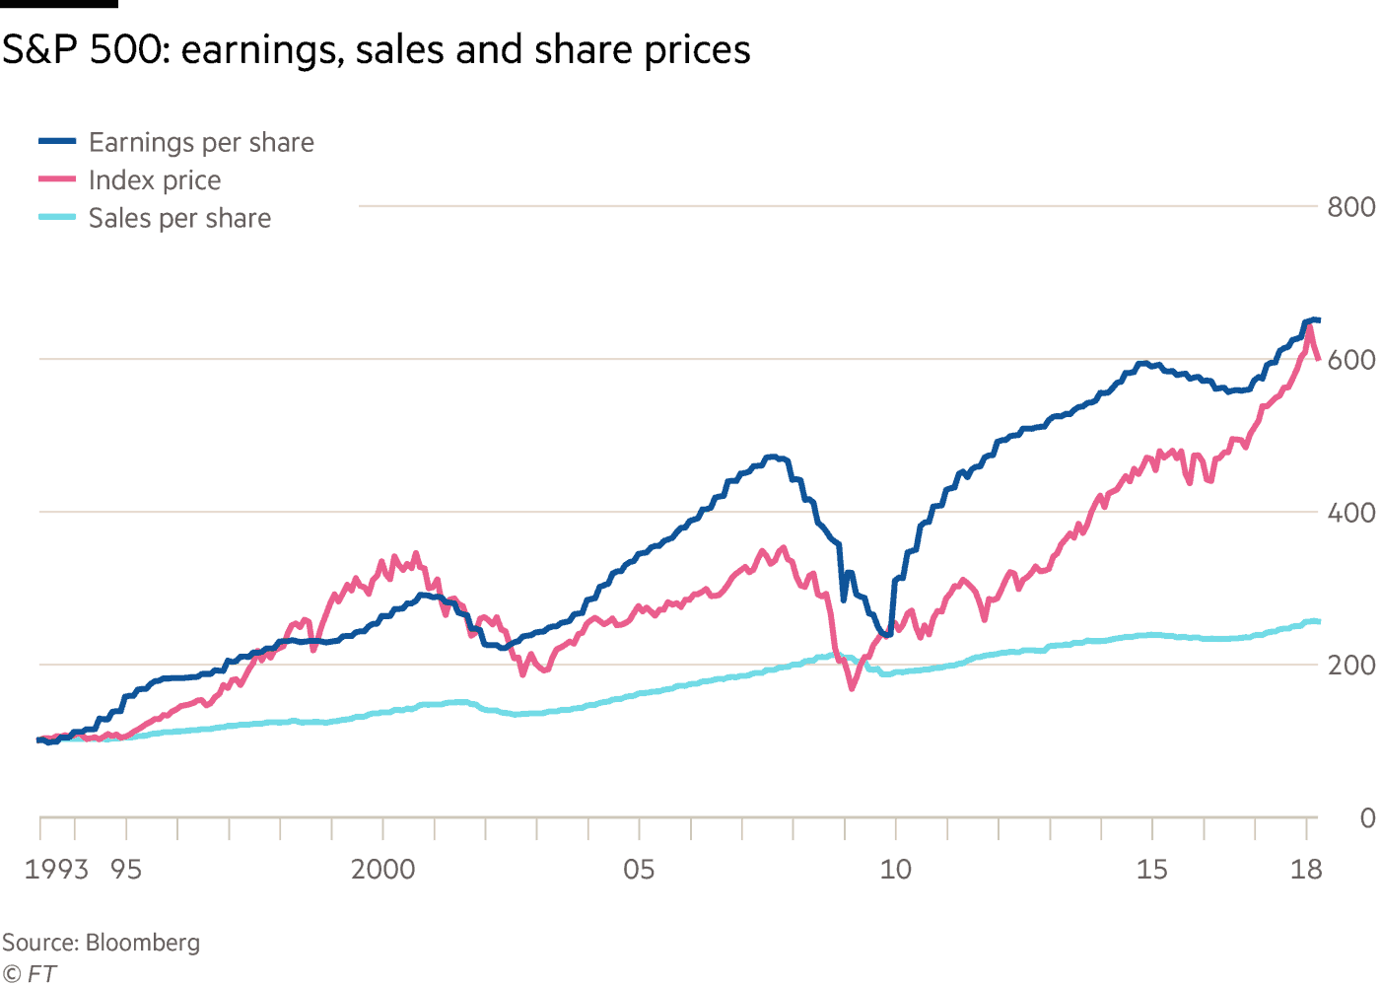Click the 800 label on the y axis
1351,207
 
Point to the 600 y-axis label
1351,360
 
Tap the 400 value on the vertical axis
1351,513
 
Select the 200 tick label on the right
1351,666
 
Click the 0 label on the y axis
1367,818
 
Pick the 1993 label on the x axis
56,870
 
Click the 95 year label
126,870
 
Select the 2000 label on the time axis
382,870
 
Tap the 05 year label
639,870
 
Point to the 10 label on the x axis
895,870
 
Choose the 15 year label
1151,870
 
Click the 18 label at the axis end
1306,870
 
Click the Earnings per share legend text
201,143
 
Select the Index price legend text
155,180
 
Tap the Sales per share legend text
179,218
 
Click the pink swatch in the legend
57,179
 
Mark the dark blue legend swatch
57,141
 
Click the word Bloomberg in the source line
143,943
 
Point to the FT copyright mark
30,973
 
